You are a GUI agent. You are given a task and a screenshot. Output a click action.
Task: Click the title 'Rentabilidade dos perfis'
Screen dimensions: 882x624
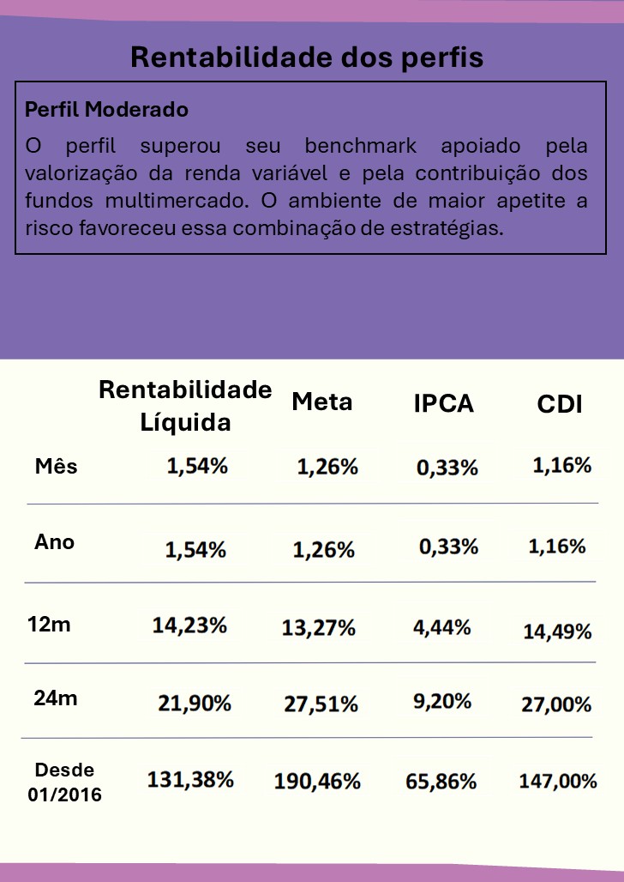point(307,57)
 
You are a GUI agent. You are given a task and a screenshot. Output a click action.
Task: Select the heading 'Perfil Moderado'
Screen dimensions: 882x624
point(106,111)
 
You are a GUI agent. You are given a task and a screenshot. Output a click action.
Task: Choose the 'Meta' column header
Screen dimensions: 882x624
point(321,402)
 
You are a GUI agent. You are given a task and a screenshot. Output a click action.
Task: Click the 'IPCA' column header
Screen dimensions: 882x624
point(443,403)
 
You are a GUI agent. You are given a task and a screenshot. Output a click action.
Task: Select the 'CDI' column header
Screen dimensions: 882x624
point(559,404)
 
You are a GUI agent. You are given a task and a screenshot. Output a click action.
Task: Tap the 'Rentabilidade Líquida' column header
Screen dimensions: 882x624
point(185,405)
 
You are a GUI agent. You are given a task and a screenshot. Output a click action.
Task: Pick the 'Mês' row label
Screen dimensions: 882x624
point(56,466)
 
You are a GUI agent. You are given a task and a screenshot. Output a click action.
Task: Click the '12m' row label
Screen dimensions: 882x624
point(49,624)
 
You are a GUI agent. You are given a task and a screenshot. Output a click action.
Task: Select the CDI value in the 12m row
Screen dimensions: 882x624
point(557,631)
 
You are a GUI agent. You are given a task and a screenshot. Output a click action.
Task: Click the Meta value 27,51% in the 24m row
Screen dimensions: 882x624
point(321,704)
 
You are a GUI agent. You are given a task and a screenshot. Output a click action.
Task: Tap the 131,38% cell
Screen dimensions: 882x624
point(190,780)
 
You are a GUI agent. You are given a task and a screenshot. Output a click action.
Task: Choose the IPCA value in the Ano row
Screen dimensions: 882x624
point(448,547)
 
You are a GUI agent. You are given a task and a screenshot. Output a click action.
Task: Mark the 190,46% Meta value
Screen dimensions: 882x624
point(317,782)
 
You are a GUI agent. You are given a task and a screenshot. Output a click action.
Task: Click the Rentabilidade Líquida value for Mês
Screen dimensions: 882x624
point(197,467)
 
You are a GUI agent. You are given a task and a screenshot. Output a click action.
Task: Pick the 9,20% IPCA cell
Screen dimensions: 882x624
point(442,701)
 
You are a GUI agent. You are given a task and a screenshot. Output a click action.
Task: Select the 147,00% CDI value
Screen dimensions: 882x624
point(557,781)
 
